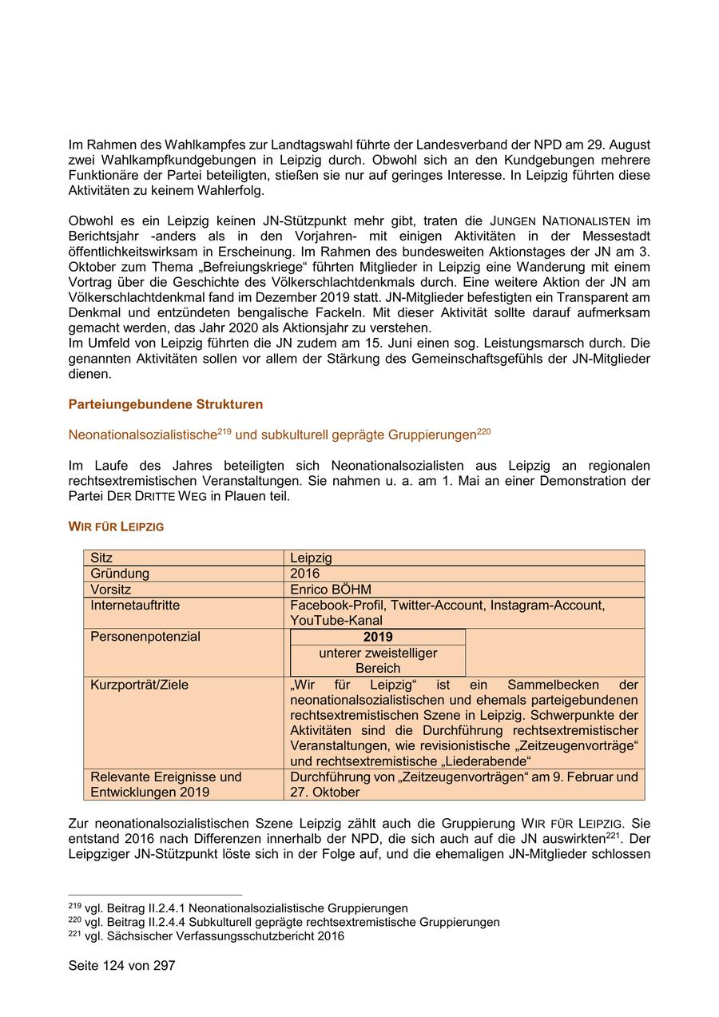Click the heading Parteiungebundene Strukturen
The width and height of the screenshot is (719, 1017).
coord(165,404)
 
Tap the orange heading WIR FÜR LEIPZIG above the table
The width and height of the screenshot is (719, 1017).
coord(116,526)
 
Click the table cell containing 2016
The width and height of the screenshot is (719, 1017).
coord(304,574)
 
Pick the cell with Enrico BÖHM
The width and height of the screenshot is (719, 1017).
coord(331,590)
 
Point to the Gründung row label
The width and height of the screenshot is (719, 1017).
coord(120,574)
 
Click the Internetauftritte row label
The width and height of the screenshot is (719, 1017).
coord(135,606)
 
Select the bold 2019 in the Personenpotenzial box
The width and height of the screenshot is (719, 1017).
coord(378,637)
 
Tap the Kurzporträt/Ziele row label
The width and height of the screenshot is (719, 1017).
coord(139,685)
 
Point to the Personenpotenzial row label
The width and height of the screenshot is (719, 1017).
coord(145,637)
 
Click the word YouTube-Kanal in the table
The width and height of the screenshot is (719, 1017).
coord(336,621)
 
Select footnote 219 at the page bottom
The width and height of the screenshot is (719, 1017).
coord(238,908)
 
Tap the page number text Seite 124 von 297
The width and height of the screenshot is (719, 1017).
coord(121,966)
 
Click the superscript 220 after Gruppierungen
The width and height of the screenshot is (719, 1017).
coord(483,431)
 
